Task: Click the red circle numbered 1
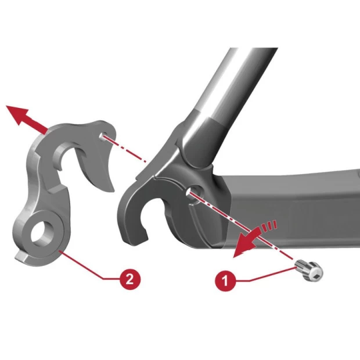(225, 280)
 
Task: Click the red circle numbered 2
(130, 279)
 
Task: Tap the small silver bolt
(309, 271)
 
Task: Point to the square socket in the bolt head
(316, 274)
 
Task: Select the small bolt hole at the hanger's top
(102, 135)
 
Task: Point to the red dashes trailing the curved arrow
(268, 226)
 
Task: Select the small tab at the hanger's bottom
(21, 257)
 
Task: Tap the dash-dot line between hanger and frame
(124, 148)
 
